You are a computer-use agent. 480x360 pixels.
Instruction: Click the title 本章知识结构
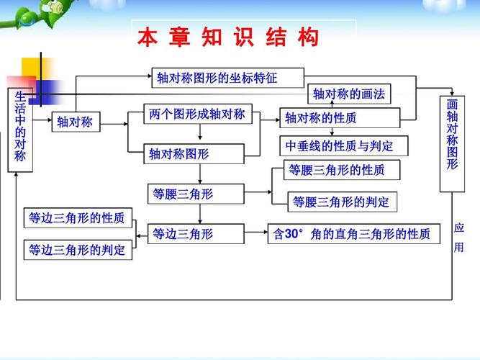pyautogui.click(x=228, y=37)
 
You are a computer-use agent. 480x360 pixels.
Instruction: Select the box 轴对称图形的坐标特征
pyautogui.click(x=227, y=78)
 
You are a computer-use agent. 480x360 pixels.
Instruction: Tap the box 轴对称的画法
pyautogui.click(x=350, y=95)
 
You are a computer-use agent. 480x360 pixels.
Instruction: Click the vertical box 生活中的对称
pyautogui.click(x=20, y=130)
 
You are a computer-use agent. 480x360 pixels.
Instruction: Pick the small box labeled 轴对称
pyautogui.click(x=75, y=122)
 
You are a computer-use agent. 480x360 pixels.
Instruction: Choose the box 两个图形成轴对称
pyautogui.click(x=197, y=114)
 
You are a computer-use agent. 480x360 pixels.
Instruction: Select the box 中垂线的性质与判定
pyautogui.click(x=343, y=146)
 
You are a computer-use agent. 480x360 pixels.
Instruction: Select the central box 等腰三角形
pyautogui.click(x=184, y=194)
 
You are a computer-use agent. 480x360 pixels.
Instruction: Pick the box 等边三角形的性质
pyautogui.click(x=77, y=217)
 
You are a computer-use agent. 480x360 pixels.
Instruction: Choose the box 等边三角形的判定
pyautogui.click(x=77, y=250)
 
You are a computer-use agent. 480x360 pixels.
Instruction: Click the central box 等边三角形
pyautogui.click(x=184, y=234)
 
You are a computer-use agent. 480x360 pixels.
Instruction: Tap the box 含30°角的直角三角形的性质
pyautogui.click(x=353, y=234)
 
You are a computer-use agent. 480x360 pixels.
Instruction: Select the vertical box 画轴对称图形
pyautogui.click(x=452, y=144)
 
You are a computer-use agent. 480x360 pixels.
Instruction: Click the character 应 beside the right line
pyautogui.click(x=459, y=228)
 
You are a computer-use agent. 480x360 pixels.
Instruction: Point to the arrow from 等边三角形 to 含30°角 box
pyautogui.click(x=255, y=234)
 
